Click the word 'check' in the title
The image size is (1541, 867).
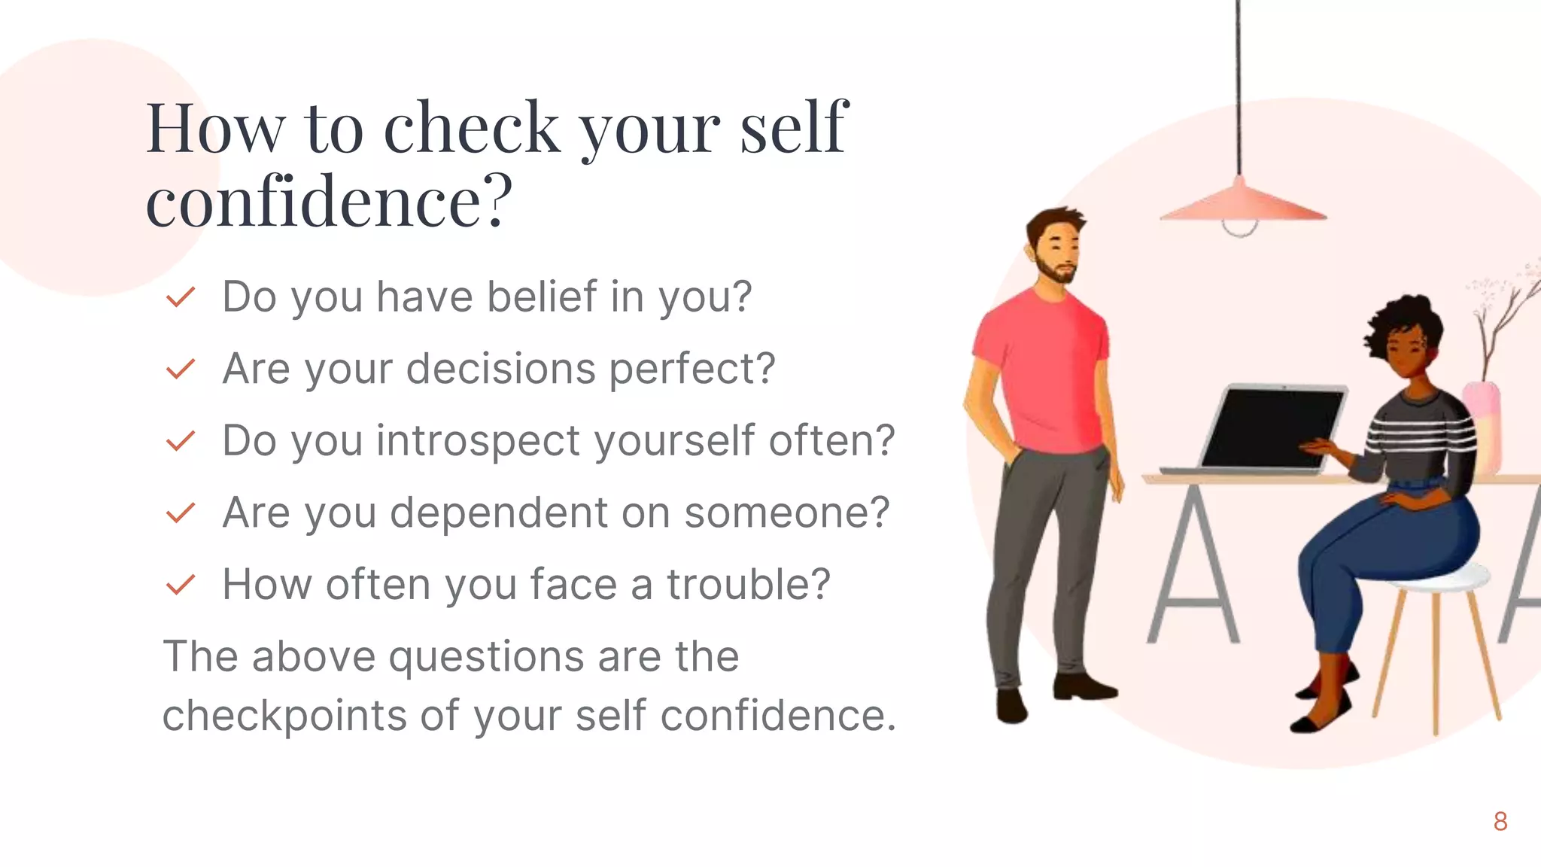point(472,128)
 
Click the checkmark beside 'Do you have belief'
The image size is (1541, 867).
point(181,297)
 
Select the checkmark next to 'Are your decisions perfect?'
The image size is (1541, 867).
point(181,369)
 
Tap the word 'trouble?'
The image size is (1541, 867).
point(748,585)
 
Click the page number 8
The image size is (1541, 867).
point(1500,822)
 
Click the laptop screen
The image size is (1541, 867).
point(1272,427)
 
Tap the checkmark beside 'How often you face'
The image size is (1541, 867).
point(181,585)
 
